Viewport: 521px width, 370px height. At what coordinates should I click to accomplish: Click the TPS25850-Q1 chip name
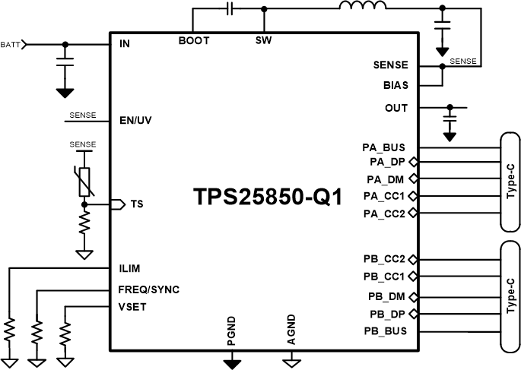265,197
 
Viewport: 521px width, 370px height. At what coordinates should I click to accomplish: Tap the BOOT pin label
194,41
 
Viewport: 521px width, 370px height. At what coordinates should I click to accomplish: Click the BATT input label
11,44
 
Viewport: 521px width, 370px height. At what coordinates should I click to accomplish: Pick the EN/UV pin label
137,119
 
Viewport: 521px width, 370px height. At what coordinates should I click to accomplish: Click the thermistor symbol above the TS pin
84,180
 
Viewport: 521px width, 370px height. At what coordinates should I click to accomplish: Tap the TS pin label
137,204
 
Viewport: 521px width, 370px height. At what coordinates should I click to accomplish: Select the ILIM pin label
130,268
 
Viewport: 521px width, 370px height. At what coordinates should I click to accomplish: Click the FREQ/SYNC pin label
148,289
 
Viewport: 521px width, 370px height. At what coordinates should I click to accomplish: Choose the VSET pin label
132,307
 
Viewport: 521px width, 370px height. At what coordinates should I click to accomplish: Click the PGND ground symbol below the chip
232,362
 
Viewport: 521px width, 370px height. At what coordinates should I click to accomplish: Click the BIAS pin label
396,85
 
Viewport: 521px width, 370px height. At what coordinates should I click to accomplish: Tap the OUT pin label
396,107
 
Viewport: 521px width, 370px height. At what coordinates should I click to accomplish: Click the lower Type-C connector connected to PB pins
510,297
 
